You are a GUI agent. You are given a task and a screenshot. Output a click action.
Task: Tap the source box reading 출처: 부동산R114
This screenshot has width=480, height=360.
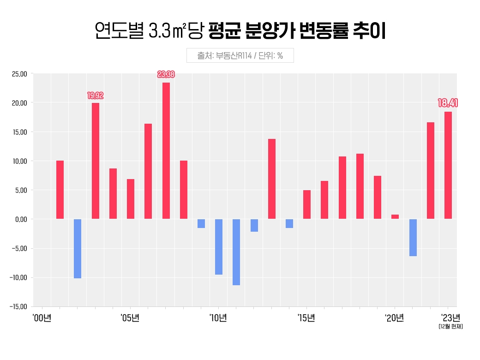pos(240,55)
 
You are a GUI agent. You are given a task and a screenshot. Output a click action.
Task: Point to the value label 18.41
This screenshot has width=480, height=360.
pos(448,103)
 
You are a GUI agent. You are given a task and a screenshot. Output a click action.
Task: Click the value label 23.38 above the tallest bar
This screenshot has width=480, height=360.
pos(166,74)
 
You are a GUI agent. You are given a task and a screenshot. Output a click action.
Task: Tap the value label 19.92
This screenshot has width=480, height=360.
pos(96,96)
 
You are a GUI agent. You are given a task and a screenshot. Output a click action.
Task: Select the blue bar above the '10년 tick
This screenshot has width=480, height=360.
pos(219,246)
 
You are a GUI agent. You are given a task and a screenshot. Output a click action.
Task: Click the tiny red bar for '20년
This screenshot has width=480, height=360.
pos(395,216)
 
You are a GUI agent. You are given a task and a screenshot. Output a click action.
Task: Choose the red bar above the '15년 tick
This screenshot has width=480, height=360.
pos(307,204)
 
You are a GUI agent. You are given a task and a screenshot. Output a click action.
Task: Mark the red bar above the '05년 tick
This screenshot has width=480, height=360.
pos(131,199)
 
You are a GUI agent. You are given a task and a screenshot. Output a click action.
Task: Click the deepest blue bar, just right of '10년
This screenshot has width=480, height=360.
pos(236,252)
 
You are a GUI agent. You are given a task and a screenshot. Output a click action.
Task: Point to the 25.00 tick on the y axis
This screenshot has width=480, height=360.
pos(20,74)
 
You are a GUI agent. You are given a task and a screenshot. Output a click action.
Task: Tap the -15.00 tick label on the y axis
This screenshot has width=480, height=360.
pos(19,306)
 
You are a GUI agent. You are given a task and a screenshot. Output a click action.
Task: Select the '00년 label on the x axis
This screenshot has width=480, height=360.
pos(42,318)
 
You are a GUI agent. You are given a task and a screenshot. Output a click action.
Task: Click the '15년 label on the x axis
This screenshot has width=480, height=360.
pos(306,318)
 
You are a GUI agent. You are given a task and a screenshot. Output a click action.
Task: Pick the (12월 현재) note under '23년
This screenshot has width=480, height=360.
pos(450,327)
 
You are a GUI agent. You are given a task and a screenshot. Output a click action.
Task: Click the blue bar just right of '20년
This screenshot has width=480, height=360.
pos(413,237)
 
